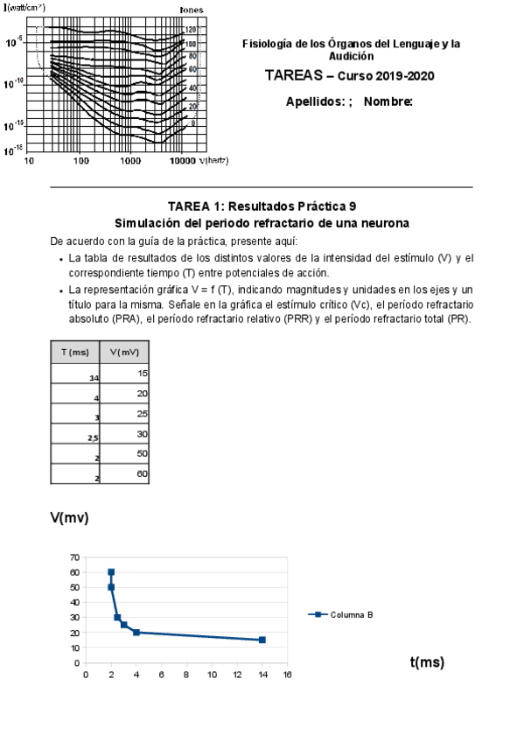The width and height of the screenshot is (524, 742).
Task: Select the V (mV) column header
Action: [125, 352]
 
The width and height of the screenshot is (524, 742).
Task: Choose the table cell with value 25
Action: [125, 414]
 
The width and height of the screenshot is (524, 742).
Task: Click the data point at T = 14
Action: [262, 640]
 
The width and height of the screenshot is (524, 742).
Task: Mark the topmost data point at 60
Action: [111, 572]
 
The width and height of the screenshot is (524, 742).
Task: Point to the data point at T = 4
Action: [136, 633]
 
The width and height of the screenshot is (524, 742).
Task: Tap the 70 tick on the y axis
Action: [75, 557]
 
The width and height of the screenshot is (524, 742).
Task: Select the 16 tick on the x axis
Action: [287, 675]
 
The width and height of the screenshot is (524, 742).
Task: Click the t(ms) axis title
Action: [427, 662]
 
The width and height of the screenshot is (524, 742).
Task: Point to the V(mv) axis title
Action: [69, 518]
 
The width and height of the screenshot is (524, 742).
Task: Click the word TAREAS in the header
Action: [293, 76]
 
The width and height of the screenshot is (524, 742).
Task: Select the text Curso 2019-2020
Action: [386, 76]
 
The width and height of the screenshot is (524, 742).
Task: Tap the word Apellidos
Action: [315, 101]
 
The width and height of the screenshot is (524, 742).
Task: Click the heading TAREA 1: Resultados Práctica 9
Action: [262, 206]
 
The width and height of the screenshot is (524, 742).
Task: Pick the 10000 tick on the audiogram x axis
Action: [182, 161]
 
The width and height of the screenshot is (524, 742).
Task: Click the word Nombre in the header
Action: [388, 101]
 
